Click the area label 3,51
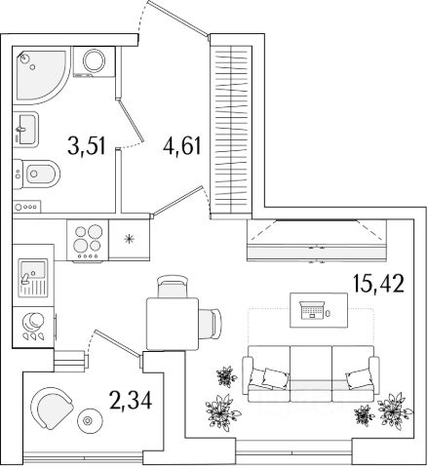pyautogui.click(x=87, y=146)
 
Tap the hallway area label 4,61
pyautogui.click(x=182, y=146)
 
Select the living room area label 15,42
pyautogui.click(x=379, y=284)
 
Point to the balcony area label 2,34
pyautogui.click(x=131, y=400)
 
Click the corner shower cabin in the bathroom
pyautogui.click(x=41, y=75)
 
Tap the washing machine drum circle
pyautogui.click(x=94, y=60)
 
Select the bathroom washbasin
pyautogui.click(x=25, y=129)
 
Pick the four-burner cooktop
pyautogui.click(x=88, y=241)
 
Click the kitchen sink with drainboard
pyautogui.click(x=33, y=278)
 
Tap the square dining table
pyautogui.click(x=173, y=324)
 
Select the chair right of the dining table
pyautogui.click(x=211, y=324)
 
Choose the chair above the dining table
pyautogui.click(x=173, y=287)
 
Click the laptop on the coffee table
pyautogui.click(x=312, y=310)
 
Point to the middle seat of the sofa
pyautogui.click(x=310, y=373)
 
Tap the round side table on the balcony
pyautogui.click(x=88, y=421)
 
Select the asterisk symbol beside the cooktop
pyautogui.click(x=130, y=240)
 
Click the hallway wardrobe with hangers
pyautogui.click(x=231, y=130)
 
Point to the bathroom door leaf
pyautogui.click(x=131, y=121)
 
